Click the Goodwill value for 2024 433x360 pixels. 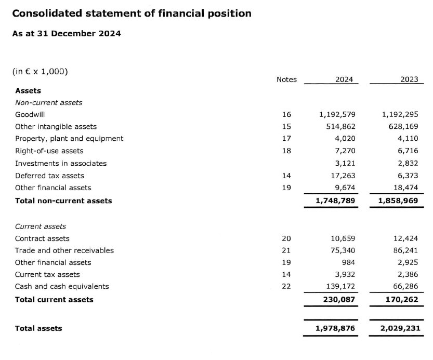point(336,114)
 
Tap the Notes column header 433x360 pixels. point(286,79)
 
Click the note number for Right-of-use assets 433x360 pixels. point(286,151)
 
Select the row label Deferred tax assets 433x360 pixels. point(49,176)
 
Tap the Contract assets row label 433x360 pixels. point(42,238)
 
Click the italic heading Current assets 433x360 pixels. point(41,226)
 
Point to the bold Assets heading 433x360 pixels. point(28,90)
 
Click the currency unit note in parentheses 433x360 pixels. point(40,71)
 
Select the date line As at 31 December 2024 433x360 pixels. point(67,33)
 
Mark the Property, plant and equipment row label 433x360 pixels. point(69,138)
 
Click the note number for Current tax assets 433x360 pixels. point(286,274)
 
